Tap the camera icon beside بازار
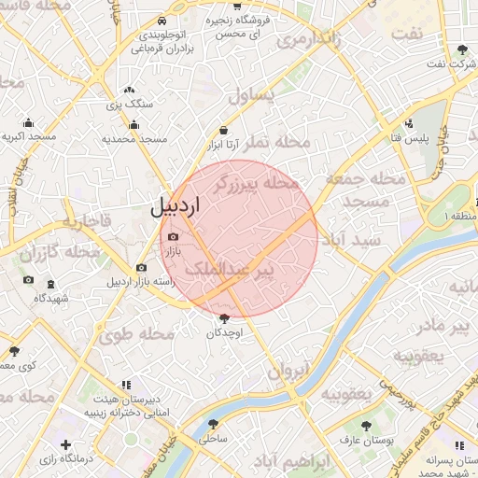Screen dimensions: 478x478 172,236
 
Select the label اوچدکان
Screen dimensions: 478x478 224,333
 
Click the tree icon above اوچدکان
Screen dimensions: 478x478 223,318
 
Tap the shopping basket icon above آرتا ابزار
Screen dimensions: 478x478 224,131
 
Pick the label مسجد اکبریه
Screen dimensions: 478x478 28,137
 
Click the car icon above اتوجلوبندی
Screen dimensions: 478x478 163,21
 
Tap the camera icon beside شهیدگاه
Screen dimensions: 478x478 29,281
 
